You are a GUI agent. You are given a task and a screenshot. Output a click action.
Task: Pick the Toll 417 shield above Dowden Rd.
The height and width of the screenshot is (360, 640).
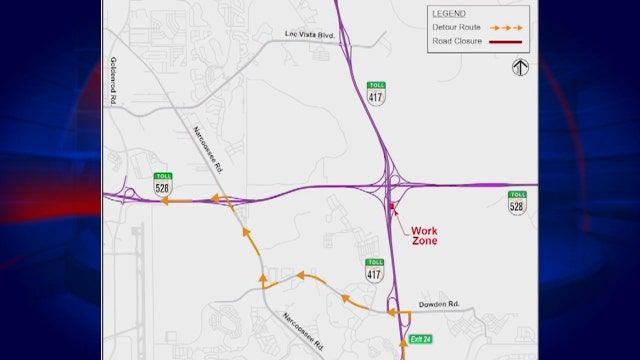375,269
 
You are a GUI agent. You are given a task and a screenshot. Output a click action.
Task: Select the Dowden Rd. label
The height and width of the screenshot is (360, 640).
440,303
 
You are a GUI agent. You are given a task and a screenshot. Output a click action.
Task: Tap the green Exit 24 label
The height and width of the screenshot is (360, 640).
423,340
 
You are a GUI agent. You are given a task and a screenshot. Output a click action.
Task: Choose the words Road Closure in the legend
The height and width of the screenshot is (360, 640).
456,41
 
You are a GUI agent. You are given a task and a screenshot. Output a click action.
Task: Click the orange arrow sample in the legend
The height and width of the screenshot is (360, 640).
505,28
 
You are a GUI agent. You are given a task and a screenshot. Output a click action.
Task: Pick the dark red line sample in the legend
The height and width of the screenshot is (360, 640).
505,41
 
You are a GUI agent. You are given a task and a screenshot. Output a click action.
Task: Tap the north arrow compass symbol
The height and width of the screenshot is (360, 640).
519,67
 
